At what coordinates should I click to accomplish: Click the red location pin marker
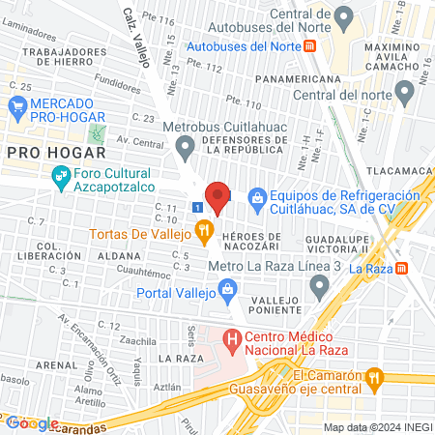(218, 196)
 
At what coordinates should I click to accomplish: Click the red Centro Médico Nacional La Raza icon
(232, 339)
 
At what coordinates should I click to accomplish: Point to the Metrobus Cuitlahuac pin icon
(185, 148)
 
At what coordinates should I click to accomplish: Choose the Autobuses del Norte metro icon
(309, 45)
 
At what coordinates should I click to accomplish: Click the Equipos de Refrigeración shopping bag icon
(257, 199)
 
